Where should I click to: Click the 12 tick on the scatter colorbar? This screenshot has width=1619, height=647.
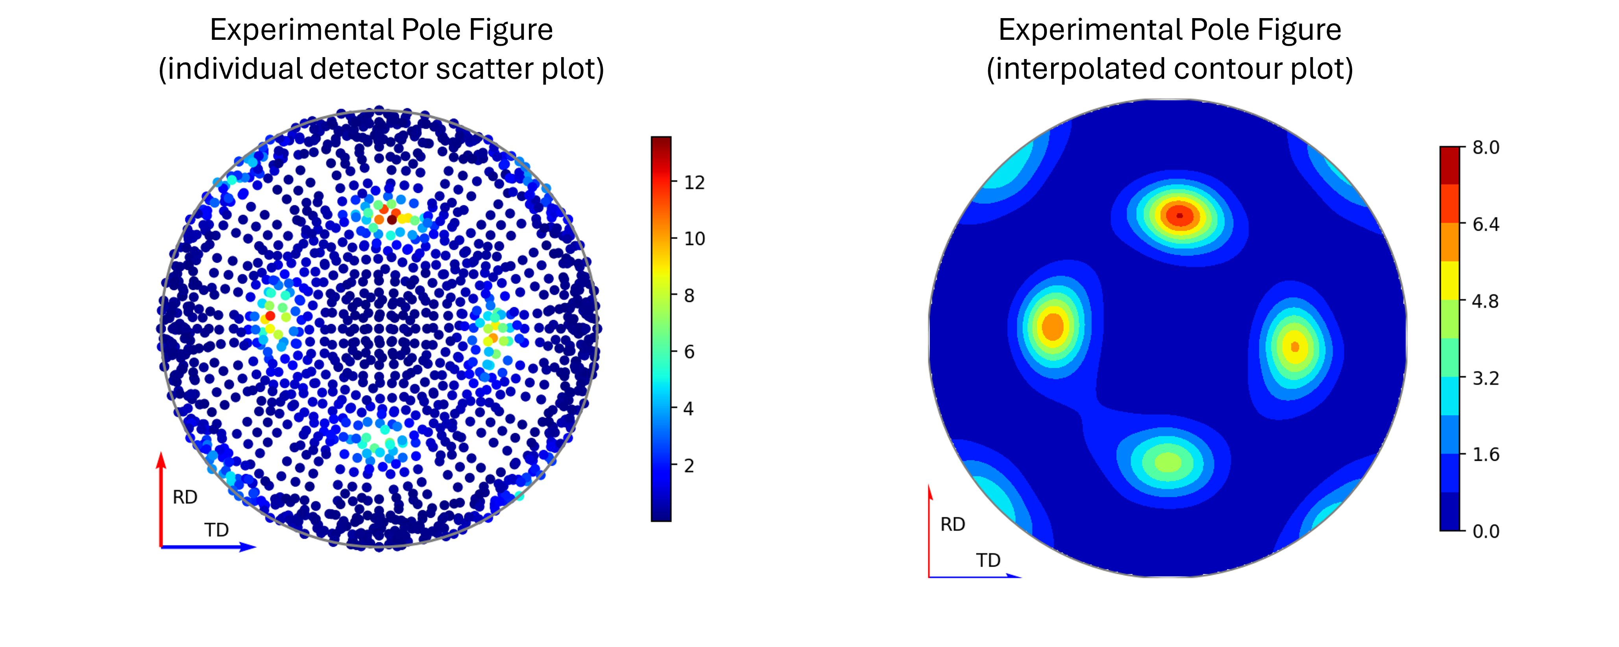(694, 182)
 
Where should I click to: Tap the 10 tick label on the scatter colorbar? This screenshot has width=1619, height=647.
(694, 239)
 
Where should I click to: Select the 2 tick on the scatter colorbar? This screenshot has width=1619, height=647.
(689, 466)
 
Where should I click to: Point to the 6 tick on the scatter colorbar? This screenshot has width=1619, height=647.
(689, 352)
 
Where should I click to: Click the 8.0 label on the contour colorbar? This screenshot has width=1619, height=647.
(1486, 148)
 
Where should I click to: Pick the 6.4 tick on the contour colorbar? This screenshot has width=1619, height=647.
(1486, 224)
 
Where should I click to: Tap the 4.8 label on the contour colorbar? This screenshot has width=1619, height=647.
(1486, 301)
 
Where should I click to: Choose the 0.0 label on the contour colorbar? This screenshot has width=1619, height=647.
(1486, 531)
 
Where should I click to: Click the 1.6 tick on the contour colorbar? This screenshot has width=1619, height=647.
(1486, 454)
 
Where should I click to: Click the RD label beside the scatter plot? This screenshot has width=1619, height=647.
(185, 497)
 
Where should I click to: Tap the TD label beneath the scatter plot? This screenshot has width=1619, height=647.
(216, 530)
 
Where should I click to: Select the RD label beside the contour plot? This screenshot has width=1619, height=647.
(952, 525)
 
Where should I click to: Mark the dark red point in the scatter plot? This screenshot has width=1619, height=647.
(392, 219)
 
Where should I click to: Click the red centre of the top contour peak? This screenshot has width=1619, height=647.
(1180, 216)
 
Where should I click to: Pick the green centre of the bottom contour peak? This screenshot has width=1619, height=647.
(1168, 463)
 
